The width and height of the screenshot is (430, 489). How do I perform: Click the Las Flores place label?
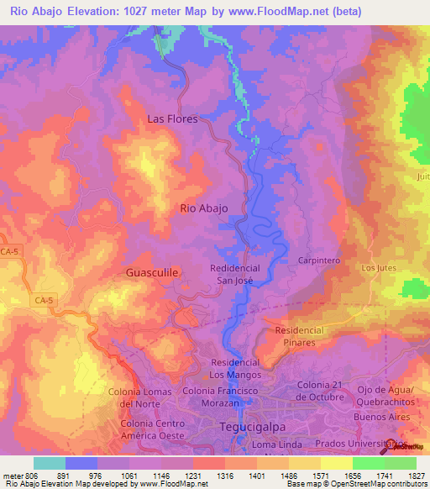tap(172, 118)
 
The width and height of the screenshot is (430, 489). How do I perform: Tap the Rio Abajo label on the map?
tap(204, 209)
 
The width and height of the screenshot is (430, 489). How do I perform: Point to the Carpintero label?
tap(318, 260)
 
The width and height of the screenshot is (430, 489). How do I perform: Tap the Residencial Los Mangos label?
tap(234, 367)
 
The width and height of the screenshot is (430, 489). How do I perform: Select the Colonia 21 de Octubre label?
tap(321, 390)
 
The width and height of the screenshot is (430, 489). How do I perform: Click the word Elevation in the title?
tap(93, 12)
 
